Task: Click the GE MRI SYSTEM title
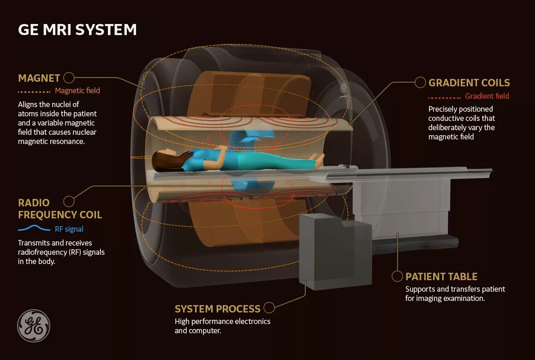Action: [x=77, y=30]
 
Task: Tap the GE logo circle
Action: [x=34, y=326]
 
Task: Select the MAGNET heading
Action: [x=39, y=78]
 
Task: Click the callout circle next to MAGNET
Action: [x=69, y=78]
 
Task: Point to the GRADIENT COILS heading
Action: [x=469, y=83]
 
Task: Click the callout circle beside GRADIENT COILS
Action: [x=420, y=83]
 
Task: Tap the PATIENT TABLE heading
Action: [x=441, y=277]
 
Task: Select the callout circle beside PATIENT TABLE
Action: [x=397, y=276]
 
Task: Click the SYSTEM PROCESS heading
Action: [x=218, y=309]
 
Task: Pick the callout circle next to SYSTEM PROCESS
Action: [x=269, y=307]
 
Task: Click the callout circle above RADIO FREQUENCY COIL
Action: [x=69, y=201]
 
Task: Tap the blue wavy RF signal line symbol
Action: [x=34, y=228]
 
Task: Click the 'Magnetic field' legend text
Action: [x=77, y=91]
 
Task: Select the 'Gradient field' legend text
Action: [x=487, y=96]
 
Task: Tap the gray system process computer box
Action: [x=335, y=252]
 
